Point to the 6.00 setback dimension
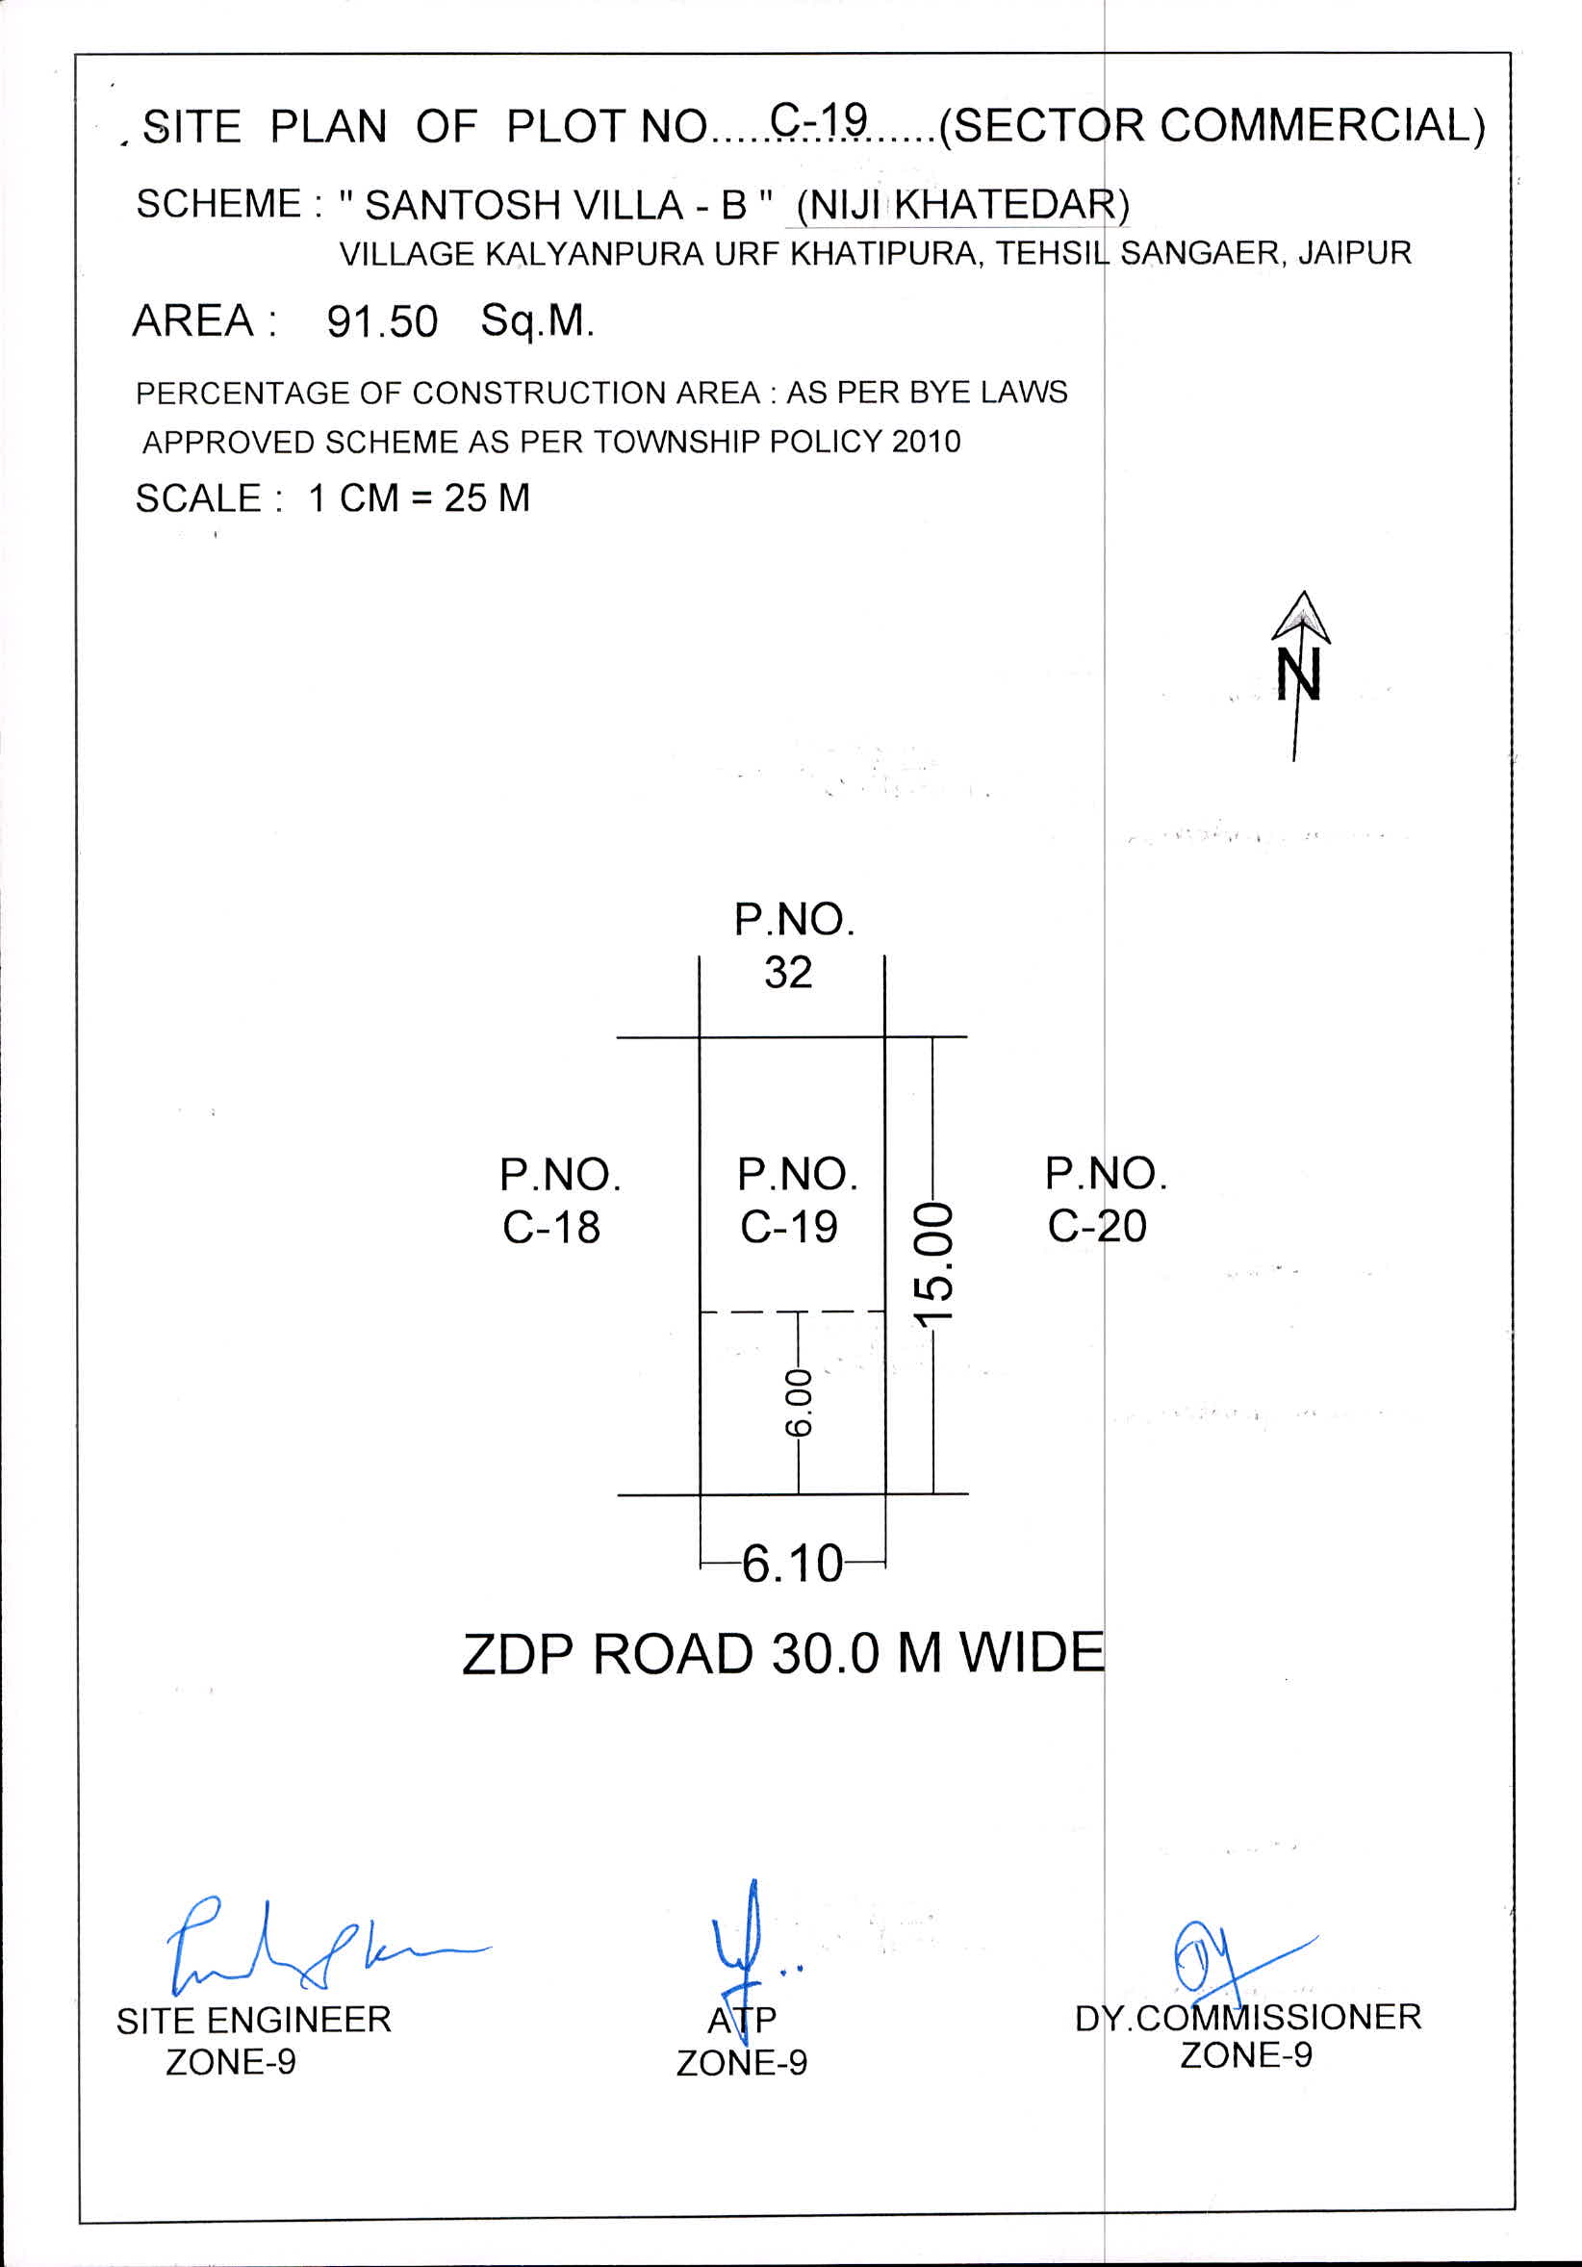click(798, 1402)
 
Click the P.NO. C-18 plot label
click(560, 1201)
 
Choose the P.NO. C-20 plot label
click(1106, 1199)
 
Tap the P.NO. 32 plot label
click(794, 945)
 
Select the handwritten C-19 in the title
click(819, 119)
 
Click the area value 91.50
click(382, 322)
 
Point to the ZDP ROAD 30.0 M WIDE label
click(783, 1654)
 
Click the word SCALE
click(197, 498)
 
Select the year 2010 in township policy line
click(926, 442)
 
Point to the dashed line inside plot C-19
click(792, 1312)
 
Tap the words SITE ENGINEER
click(254, 2020)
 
